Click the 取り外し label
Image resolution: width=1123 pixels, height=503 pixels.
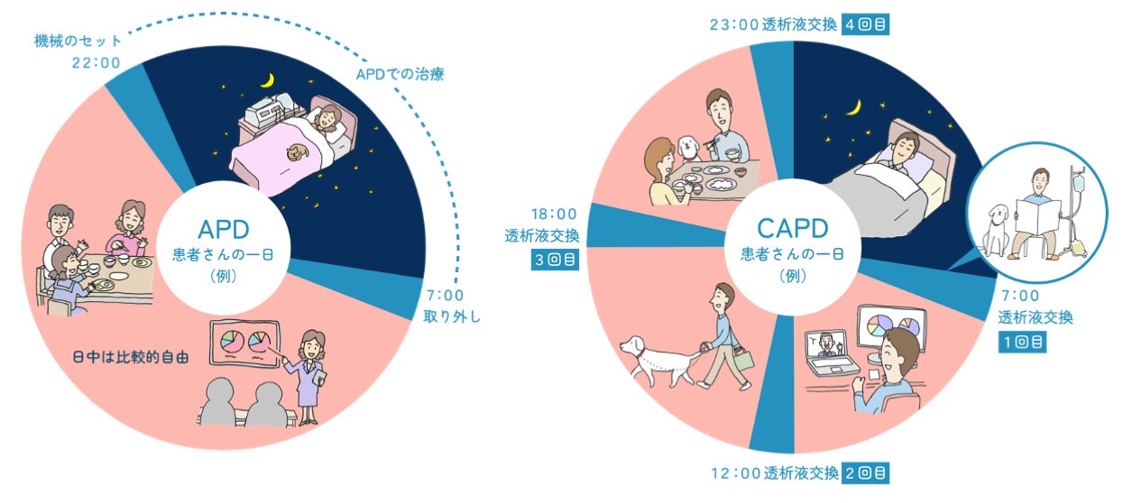[x=453, y=316]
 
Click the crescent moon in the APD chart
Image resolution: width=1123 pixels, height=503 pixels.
[x=266, y=80]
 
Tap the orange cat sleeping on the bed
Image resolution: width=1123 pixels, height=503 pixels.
[x=294, y=155]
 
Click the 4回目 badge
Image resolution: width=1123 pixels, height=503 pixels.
[x=864, y=24]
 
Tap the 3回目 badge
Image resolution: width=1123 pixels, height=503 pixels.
[x=554, y=261]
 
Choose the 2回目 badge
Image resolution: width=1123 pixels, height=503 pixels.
[x=864, y=471]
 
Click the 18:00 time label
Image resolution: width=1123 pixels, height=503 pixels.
[x=554, y=215]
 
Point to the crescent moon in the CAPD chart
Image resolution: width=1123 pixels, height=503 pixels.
[x=851, y=109]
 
